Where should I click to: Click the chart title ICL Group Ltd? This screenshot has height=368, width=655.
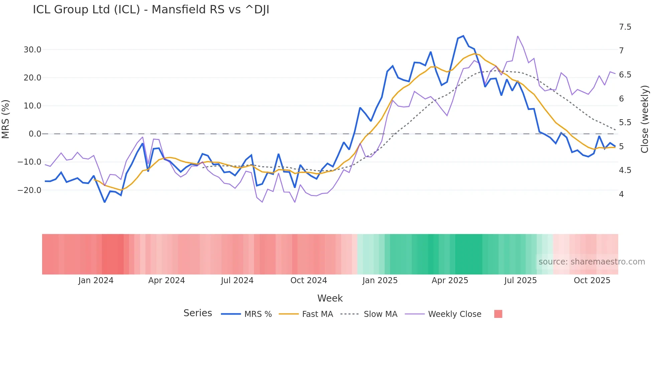coord(151,10)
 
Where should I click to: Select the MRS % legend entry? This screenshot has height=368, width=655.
coord(258,314)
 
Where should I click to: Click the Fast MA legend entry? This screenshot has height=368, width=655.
coord(317,314)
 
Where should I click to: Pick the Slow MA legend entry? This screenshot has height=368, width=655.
coord(380,314)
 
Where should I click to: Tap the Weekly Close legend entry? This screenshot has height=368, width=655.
coord(454,314)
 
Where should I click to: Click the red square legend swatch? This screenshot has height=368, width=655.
coord(498,314)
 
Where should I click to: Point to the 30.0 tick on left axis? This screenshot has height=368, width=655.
coord(32,50)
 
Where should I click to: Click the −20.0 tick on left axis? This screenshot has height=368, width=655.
coord(30,190)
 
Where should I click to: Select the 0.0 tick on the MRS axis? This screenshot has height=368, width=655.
coord(35,134)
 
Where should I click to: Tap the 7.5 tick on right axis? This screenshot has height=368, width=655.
coord(625,27)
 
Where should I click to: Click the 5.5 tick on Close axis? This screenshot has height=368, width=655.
coord(625,123)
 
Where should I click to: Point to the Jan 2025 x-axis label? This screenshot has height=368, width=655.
coord(380,281)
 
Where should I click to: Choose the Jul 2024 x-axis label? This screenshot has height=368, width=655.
coord(237,281)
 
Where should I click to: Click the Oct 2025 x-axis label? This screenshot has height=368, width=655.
coord(592,281)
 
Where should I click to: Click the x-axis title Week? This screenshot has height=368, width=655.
coord(330,298)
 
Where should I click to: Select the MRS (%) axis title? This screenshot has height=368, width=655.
coord(6,119)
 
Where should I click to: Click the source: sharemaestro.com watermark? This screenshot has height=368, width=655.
coord(592,262)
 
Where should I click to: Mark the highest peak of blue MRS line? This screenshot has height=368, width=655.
coord(463,36)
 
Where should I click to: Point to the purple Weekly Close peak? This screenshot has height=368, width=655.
coord(518,36)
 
